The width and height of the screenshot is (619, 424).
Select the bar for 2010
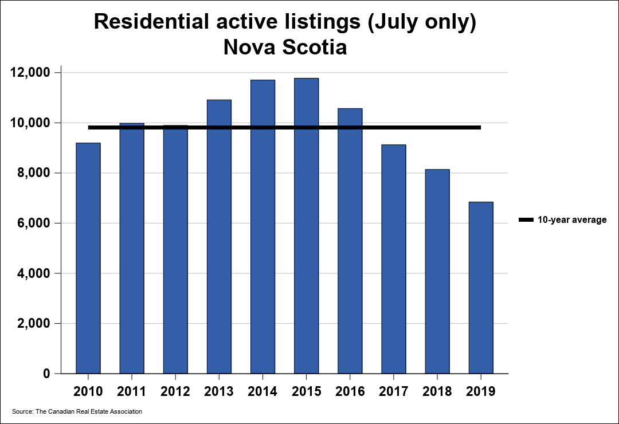tap(88, 258)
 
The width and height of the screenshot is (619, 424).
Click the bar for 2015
tap(306, 226)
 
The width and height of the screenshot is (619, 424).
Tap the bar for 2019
tap(481, 288)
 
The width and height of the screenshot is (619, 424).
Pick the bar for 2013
tap(219, 237)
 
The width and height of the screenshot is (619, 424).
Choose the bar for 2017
tap(394, 259)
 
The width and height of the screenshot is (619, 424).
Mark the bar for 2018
tap(437, 271)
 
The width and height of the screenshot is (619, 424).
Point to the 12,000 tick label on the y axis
tap(30, 73)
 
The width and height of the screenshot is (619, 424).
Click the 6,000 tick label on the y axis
tap(34, 223)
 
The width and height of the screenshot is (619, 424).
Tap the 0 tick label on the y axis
tap(46, 374)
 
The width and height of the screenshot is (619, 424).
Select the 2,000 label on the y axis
tap(34, 323)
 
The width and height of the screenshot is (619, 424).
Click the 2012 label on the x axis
tap(175, 391)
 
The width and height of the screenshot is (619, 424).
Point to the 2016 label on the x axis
tap(350, 391)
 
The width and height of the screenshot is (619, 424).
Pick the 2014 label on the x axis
tap(263, 391)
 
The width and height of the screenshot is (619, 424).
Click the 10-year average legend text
tap(572, 220)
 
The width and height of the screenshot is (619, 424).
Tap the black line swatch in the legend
tap(526, 219)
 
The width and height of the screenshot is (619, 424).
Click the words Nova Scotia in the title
tap(285, 47)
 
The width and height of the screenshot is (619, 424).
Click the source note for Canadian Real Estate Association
tap(77, 411)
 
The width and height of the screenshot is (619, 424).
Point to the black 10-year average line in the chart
tap(284, 128)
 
